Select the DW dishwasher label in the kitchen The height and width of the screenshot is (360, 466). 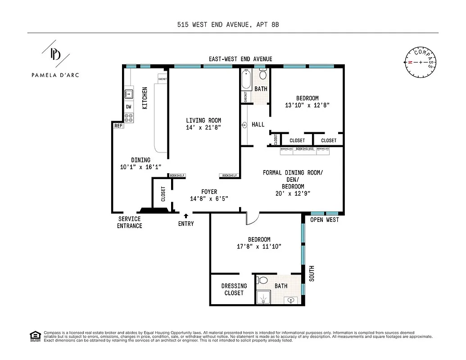(x=128, y=107)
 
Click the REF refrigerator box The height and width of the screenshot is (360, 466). (x=118, y=126)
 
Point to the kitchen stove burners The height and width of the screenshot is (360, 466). (x=129, y=117)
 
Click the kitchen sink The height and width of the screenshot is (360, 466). (x=128, y=94)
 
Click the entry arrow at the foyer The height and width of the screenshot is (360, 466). (x=186, y=216)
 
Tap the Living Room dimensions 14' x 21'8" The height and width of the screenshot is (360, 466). (x=204, y=127)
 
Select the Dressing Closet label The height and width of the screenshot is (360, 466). (x=234, y=289)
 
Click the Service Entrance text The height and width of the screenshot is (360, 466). (x=129, y=222)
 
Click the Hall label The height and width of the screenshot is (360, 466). (x=258, y=125)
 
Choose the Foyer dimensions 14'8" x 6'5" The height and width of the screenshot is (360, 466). (x=209, y=198)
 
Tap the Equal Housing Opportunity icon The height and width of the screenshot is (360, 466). (x=34, y=336)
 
